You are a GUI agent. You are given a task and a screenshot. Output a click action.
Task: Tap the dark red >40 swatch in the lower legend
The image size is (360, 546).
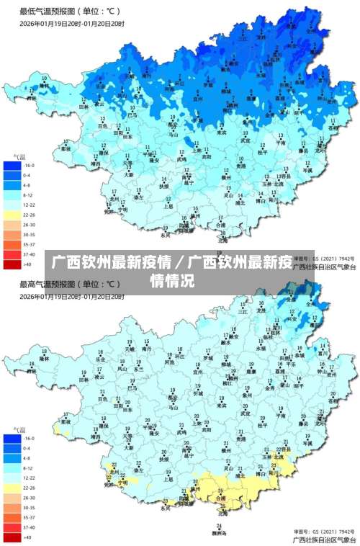(12, 537)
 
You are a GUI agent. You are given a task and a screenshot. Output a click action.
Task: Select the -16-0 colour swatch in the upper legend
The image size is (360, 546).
(12, 165)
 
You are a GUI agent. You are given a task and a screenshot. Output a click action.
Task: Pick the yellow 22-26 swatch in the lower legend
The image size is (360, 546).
(12, 488)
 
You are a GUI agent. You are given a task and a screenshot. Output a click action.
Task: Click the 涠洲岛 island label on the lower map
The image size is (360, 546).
(220, 533)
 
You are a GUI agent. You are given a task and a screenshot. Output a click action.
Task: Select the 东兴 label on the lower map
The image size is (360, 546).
(165, 508)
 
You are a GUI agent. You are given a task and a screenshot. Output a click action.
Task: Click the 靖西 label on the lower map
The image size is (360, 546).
(96, 437)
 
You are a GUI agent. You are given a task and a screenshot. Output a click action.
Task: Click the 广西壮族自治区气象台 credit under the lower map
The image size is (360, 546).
(324, 539)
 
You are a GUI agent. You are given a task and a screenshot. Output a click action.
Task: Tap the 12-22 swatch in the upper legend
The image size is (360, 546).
(12, 205)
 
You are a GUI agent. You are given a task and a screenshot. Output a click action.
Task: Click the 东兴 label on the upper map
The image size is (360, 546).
(165, 235)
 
